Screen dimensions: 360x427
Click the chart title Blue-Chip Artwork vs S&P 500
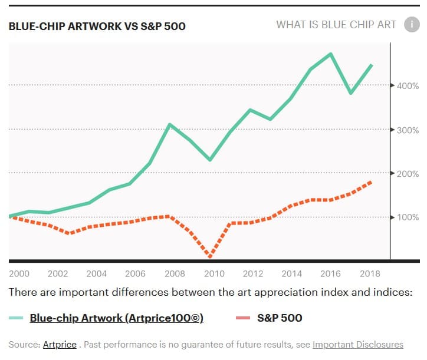[x=97, y=27]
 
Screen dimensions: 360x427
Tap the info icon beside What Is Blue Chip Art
[x=410, y=25]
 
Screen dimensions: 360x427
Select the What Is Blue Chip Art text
[x=336, y=25]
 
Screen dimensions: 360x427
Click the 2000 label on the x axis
[x=19, y=273]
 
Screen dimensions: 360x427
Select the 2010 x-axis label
[x=214, y=273]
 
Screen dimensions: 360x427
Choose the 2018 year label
[x=370, y=273]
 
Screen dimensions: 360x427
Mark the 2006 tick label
[x=136, y=273]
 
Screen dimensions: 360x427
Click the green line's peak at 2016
[x=331, y=54]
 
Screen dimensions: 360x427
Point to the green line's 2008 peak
[x=170, y=124]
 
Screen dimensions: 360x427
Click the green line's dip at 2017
[x=351, y=93]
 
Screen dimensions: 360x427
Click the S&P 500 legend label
[x=280, y=318]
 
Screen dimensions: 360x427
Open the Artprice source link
[x=60, y=344]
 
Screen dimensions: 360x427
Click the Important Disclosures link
[x=357, y=344]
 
